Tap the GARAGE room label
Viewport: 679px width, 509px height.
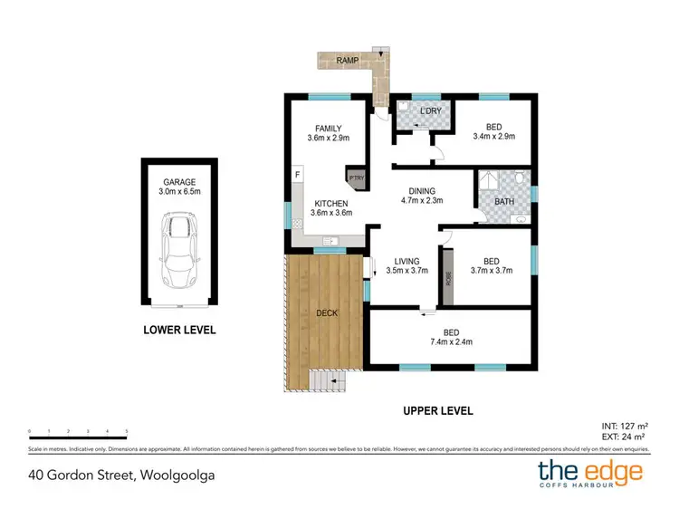click(x=178, y=181)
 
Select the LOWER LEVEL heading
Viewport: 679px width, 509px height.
click(x=179, y=330)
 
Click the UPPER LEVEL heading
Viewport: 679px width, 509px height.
click(x=438, y=410)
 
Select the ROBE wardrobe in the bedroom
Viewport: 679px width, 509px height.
click(x=447, y=280)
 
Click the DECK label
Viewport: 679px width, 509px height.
click(x=327, y=313)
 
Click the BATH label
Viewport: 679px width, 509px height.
click(x=503, y=201)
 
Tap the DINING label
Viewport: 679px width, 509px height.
click(x=421, y=191)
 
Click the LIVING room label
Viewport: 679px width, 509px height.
click(x=406, y=262)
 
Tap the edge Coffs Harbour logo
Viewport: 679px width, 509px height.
click(x=589, y=475)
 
